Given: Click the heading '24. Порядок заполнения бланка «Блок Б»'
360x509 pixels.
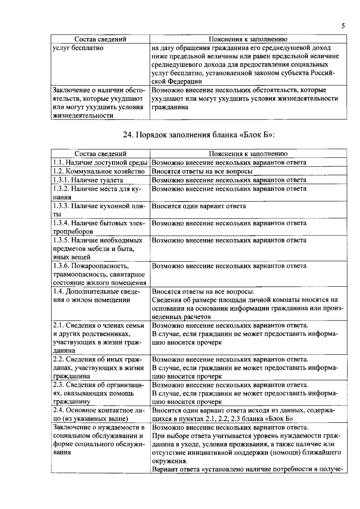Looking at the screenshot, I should coord(199,135).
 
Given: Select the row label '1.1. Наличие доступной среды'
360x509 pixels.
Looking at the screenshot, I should coord(100,163).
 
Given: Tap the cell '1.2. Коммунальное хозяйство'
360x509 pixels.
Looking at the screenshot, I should coord(99,171).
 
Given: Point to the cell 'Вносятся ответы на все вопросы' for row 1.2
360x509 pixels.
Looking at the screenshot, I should coord(202,171).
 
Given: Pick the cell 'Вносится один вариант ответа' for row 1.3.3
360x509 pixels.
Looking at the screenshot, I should coord(199,206).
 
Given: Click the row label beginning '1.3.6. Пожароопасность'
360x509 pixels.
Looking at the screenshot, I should coord(99,274).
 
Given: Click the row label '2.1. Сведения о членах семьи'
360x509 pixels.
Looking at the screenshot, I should coord(98,338).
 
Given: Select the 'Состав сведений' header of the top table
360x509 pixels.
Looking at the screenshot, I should coord(100,39).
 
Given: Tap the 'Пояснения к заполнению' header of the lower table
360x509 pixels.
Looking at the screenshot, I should coord(248,154).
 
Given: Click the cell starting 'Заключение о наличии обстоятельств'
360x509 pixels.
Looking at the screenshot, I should coord(98,103).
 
